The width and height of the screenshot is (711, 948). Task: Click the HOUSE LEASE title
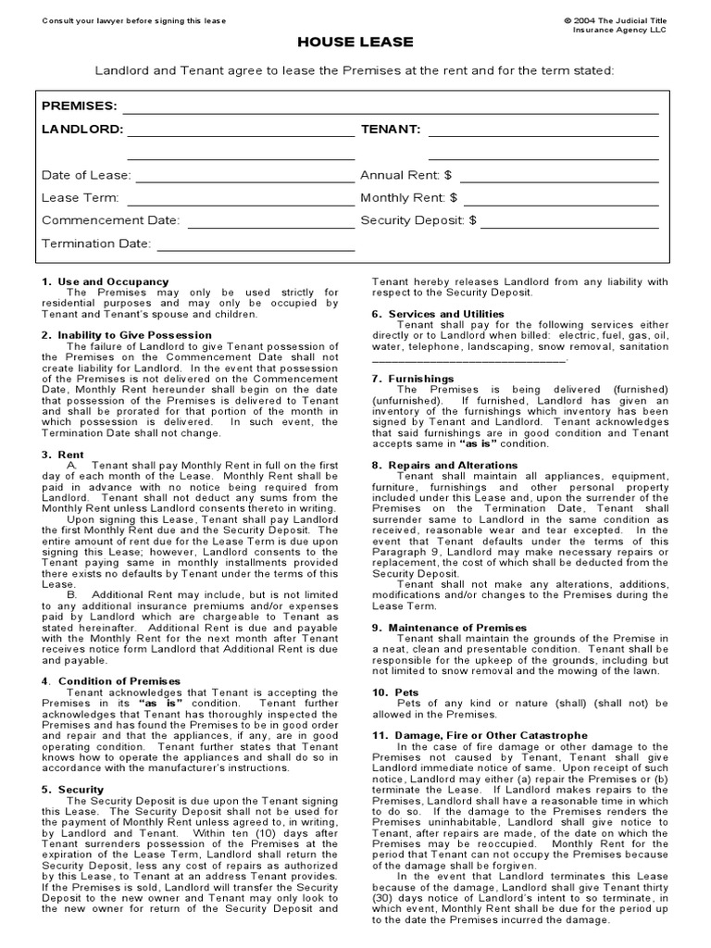355,43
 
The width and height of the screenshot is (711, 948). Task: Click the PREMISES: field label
80,106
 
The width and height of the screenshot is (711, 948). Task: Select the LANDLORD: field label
82,130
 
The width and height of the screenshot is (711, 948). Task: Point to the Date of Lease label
86,175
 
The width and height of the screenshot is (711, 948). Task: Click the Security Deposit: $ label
418,220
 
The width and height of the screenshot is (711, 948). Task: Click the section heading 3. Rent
63,455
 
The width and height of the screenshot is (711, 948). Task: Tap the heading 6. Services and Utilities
438,314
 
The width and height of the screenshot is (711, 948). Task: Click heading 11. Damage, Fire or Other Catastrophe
480,735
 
